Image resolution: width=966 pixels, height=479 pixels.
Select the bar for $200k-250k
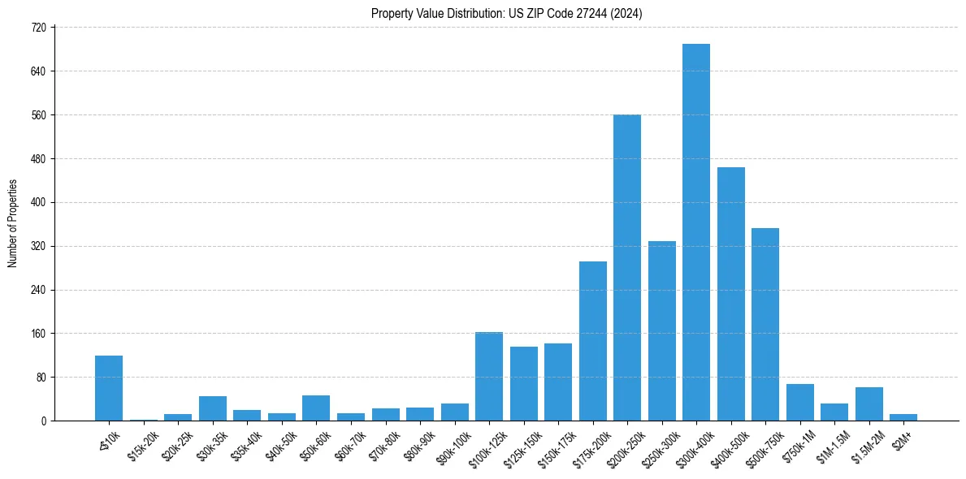[627, 268]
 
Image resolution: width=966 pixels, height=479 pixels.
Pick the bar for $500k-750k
[765, 325]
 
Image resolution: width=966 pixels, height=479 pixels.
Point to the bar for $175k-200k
[592, 341]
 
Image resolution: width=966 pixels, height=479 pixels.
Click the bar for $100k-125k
[489, 377]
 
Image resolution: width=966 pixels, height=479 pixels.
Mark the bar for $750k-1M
[799, 403]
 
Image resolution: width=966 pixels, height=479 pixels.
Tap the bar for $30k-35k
[213, 408]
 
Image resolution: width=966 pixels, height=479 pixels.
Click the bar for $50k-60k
[316, 408]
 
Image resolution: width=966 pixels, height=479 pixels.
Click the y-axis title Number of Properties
[12, 223]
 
